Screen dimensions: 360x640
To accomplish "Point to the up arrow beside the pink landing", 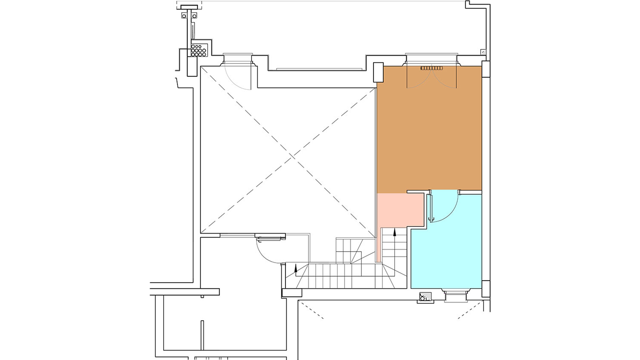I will [x=395, y=232].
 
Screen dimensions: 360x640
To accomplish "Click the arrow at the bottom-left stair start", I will [x=296, y=268].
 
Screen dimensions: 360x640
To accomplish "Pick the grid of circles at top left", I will [x=199, y=50].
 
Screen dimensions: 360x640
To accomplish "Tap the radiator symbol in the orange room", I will [x=431, y=68].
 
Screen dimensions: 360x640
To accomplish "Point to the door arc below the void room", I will [x=267, y=252].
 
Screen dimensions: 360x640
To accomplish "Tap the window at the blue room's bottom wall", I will [x=455, y=296].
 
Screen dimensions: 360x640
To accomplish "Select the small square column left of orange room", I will [x=378, y=72].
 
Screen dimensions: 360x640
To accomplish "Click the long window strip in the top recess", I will [x=319, y=69].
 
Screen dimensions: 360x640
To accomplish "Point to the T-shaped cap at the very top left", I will [x=189, y=7].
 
